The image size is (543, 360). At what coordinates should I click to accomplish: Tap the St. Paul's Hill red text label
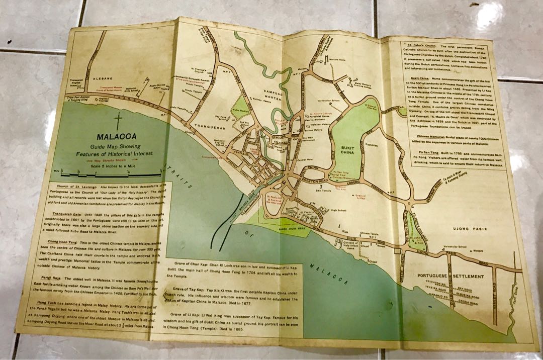tap(275, 200)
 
